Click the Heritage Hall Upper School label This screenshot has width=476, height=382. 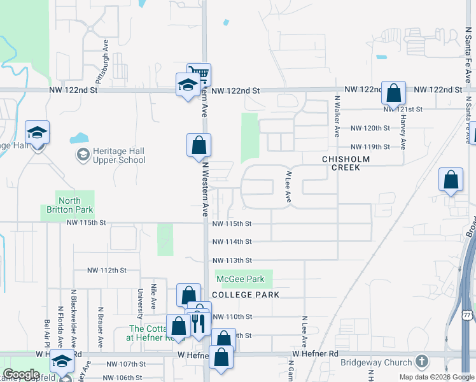click(119, 155)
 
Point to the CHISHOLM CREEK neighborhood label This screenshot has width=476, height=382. click(341, 163)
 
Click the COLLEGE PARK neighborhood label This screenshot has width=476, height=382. click(237, 295)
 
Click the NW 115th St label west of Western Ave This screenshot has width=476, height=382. click(85, 223)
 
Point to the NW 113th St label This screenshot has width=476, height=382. click(232, 260)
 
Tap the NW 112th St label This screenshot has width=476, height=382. click(108, 270)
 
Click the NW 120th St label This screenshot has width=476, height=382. click(370, 128)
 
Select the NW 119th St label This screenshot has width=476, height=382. click(370, 146)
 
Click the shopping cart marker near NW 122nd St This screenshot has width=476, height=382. click(199, 74)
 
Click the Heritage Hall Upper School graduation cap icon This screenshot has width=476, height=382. click(83, 155)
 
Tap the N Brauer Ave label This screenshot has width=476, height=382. click(100, 328)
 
